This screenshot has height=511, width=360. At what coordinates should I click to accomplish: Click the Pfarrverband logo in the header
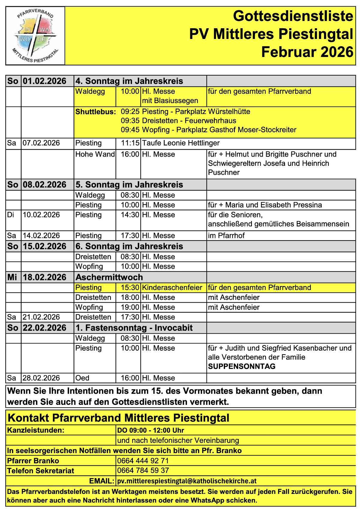35,36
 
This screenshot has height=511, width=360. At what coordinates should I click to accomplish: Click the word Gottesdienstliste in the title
293,16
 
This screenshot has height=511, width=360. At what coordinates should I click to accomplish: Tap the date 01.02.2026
44,81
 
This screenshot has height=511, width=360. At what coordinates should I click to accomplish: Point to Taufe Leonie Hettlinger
181,143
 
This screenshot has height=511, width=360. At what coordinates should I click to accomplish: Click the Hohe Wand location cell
95,154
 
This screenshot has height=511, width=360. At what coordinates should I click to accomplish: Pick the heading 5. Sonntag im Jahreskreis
129,185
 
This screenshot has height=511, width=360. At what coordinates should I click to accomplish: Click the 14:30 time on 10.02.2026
130,215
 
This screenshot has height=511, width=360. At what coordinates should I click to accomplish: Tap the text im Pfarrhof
226,236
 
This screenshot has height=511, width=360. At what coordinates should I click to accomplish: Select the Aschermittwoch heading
109,277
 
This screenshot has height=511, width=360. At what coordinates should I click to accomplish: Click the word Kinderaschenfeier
172,288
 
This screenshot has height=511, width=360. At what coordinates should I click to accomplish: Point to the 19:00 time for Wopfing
130,307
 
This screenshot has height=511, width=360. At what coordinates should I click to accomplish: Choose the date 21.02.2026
41,317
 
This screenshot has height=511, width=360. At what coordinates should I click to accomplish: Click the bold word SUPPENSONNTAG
241,366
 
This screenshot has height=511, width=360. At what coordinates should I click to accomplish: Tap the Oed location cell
82,378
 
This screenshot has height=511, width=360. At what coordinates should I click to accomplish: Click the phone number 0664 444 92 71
143,461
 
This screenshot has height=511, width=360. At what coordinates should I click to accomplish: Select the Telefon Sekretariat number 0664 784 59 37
143,471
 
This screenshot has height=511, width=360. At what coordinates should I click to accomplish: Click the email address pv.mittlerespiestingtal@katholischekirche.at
187,481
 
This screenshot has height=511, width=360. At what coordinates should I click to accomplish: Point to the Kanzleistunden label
36,431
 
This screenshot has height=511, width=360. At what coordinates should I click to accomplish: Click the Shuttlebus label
95,112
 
